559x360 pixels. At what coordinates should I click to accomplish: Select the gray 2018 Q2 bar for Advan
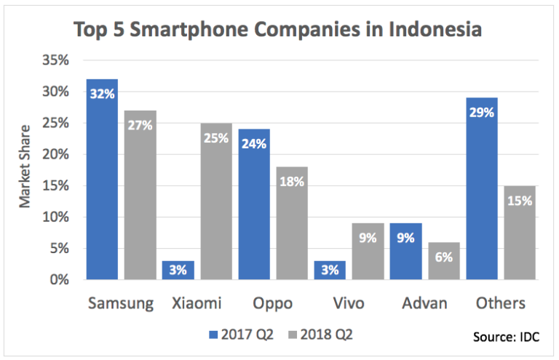444,261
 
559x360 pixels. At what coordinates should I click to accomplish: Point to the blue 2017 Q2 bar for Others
482,188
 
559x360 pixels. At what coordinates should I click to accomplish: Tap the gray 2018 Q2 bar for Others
520,233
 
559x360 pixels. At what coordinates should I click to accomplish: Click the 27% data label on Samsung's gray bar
140,124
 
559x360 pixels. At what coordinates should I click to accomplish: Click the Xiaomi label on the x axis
197,303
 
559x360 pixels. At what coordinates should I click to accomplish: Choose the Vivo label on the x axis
349,303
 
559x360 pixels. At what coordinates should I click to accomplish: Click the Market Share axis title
26,169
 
